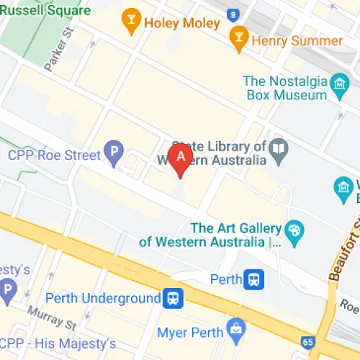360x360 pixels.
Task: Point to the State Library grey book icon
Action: (x=279, y=150)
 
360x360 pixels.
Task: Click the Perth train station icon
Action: (x=253, y=278)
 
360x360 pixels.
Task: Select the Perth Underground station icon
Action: (x=173, y=297)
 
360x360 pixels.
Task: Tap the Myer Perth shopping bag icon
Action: (x=235, y=330)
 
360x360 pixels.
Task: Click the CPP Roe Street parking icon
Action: (x=112, y=153)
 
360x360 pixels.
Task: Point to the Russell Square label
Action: (x=45, y=11)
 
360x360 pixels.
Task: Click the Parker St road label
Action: (x=60, y=50)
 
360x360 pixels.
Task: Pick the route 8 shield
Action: (x=233, y=14)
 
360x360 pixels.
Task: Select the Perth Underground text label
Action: (x=103, y=298)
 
